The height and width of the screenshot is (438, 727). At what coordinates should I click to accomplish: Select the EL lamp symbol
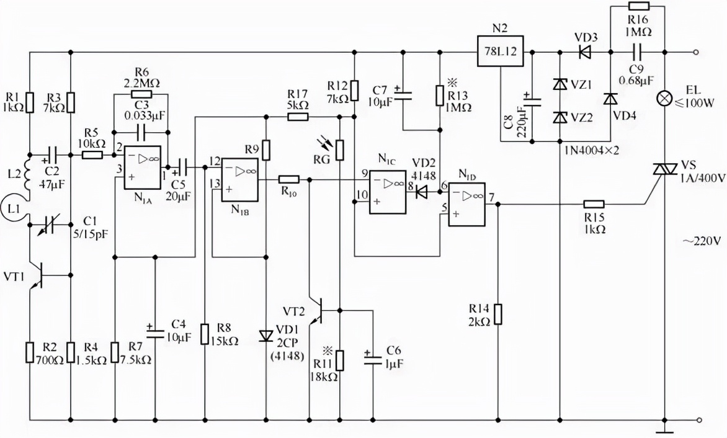664,98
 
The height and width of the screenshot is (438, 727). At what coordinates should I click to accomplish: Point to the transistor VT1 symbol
37,275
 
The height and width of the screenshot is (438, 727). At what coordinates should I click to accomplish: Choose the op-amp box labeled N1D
467,202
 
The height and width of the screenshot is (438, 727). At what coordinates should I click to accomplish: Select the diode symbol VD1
266,336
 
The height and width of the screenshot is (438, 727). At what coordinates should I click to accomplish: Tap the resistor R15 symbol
594,203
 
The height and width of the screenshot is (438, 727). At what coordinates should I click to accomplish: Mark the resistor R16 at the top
638,7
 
